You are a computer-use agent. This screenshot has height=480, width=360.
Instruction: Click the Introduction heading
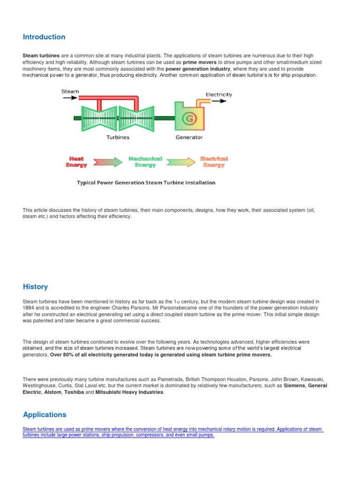44,37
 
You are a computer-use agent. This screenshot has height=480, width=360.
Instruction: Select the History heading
35,286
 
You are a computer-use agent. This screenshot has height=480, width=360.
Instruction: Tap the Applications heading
45,414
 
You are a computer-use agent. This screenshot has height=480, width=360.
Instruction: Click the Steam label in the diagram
70,91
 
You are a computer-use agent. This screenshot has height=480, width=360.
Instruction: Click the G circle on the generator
189,119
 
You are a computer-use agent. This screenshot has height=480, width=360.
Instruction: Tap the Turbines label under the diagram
117,137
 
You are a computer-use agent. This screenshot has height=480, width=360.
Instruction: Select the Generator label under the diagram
189,137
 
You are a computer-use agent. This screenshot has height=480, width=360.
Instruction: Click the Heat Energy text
76,162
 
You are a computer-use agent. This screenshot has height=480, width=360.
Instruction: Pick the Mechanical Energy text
145,162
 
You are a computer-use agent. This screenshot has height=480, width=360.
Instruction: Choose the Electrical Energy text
214,162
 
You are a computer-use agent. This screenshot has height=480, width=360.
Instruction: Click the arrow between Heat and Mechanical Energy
107,162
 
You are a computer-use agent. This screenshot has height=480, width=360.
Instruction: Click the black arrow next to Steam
70,98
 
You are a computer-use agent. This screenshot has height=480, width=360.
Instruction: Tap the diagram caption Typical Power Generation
146,182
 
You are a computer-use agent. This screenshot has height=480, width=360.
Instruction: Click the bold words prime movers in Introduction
200,62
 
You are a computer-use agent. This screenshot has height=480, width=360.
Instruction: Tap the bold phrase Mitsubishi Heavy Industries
130,392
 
